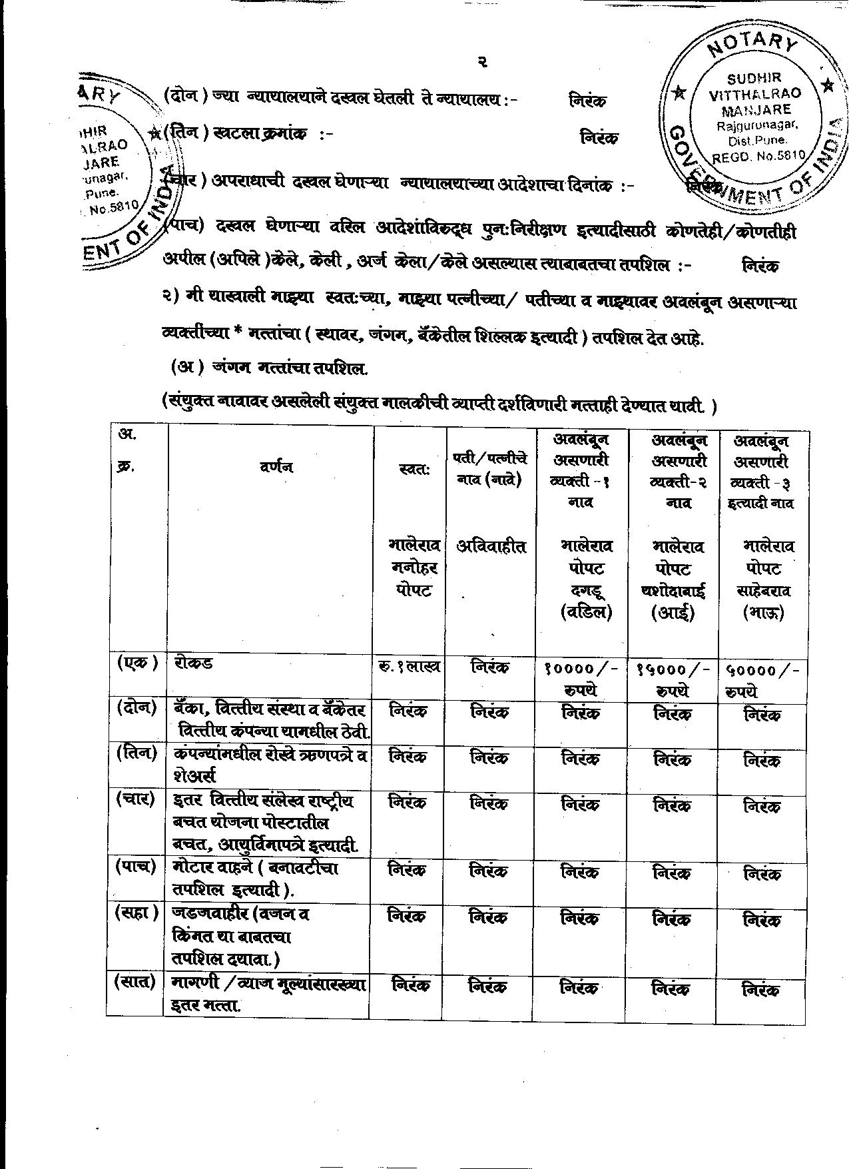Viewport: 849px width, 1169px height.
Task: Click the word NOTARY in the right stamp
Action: pos(752,53)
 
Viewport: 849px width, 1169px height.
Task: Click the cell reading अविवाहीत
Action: pos(491,547)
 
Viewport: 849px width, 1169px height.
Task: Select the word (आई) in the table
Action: pos(673,611)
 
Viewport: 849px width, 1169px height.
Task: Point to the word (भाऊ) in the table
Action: pos(763,611)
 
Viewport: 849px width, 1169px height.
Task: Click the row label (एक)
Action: pos(137,663)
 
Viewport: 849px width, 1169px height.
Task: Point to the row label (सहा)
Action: pos(137,913)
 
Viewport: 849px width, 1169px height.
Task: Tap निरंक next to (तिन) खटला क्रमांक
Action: pos(599,137)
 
